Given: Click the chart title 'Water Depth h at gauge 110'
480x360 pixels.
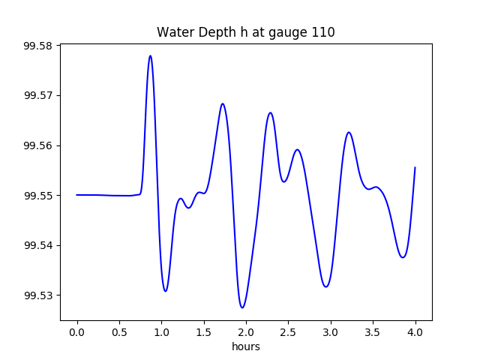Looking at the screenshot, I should (x=245, y=32).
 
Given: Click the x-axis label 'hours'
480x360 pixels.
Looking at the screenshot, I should (x=246, y=346).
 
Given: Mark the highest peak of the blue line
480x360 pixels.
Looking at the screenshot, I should (x=150, y=55).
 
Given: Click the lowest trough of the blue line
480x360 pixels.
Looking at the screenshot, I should (x=242, y=307).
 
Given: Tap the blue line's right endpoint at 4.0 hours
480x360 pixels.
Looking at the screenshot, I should (x=415, y=167).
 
